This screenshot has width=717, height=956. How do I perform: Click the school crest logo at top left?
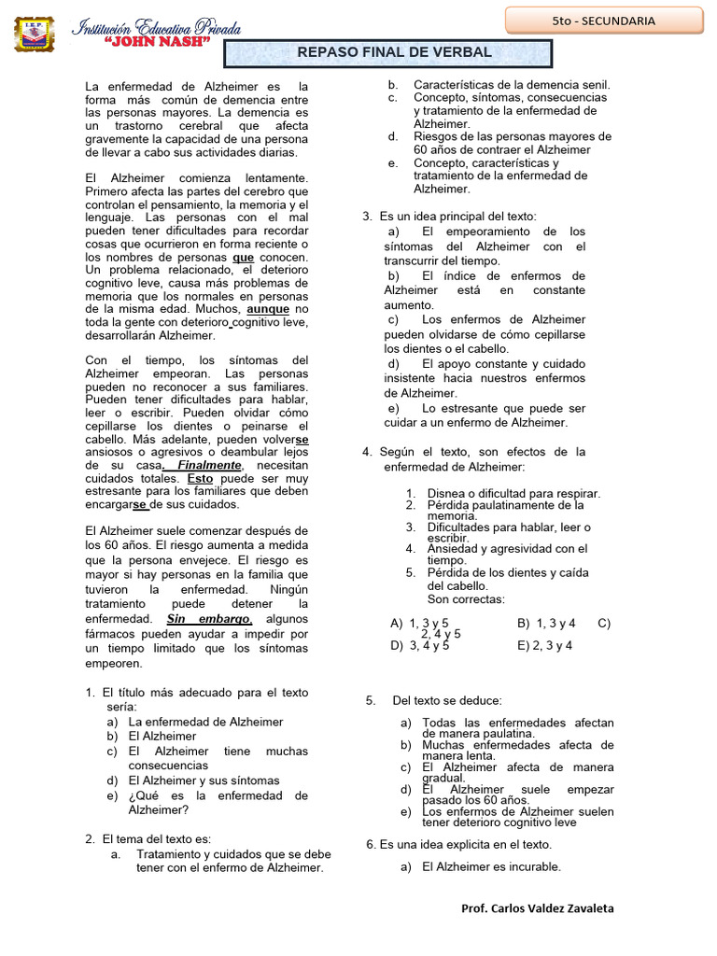pyautogui.click(x=35, y=34)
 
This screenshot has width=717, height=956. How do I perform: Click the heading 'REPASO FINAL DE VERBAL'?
pyautogui.click(x=394, y=52)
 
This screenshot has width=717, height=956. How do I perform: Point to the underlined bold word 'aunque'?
pyautogui.click(x=268, y=309)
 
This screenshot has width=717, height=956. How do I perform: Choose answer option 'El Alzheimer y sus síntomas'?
pyautogui.click(x=204, y=780)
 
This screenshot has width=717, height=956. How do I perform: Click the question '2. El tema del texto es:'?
pyautogui.click(x=156, y=838)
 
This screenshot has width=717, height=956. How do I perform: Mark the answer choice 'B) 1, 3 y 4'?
pyautogui.click(x=546, y=623)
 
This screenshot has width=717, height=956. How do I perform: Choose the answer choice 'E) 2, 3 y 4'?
pyautogui.click(x=544, y=645)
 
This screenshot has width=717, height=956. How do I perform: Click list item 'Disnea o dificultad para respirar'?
pyautogui.click(x=513, y=494)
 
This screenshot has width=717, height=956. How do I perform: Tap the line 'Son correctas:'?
pyautogui.click(x=466, y=599)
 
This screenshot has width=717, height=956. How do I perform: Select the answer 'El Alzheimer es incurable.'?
pyautogui.click(x=491, y=866)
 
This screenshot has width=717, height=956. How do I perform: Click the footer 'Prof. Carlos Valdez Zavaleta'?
pyautogui.click(x=538, y=908)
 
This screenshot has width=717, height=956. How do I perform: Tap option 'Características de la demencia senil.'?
pyautogui.click(x=512, y=85)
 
